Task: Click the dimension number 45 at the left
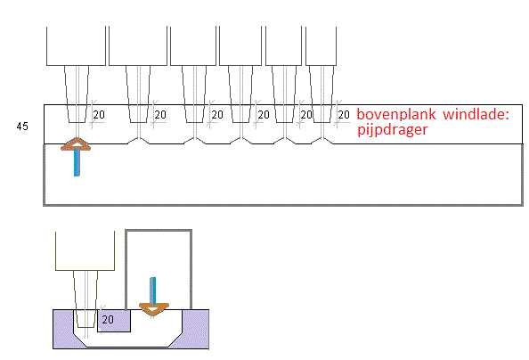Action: click(22, 127)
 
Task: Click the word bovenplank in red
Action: click(396, 114)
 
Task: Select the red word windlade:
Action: click(476, 114)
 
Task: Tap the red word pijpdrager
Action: click(393, 130)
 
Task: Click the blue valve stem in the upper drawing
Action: click(77, 162)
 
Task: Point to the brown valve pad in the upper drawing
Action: click(76, 144)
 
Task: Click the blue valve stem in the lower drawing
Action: click(153, 290)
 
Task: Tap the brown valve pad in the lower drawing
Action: click(153, 309)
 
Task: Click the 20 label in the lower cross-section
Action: click(108, 320)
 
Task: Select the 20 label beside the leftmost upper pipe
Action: click(99, 115)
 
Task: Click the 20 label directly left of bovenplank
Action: click(344, 115)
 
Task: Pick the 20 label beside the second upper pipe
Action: click(160, 115)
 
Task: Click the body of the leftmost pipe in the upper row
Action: click(77, 46)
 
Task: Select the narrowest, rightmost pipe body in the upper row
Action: click(321, 46)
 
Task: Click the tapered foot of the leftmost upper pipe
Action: click(77, 94)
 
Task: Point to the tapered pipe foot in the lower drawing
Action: click(85, 299)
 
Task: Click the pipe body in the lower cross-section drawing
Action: click(85, 250)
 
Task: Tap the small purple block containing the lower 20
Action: click(114, 321)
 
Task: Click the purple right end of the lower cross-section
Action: click(196, 329)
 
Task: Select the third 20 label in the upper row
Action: click(217, 115)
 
